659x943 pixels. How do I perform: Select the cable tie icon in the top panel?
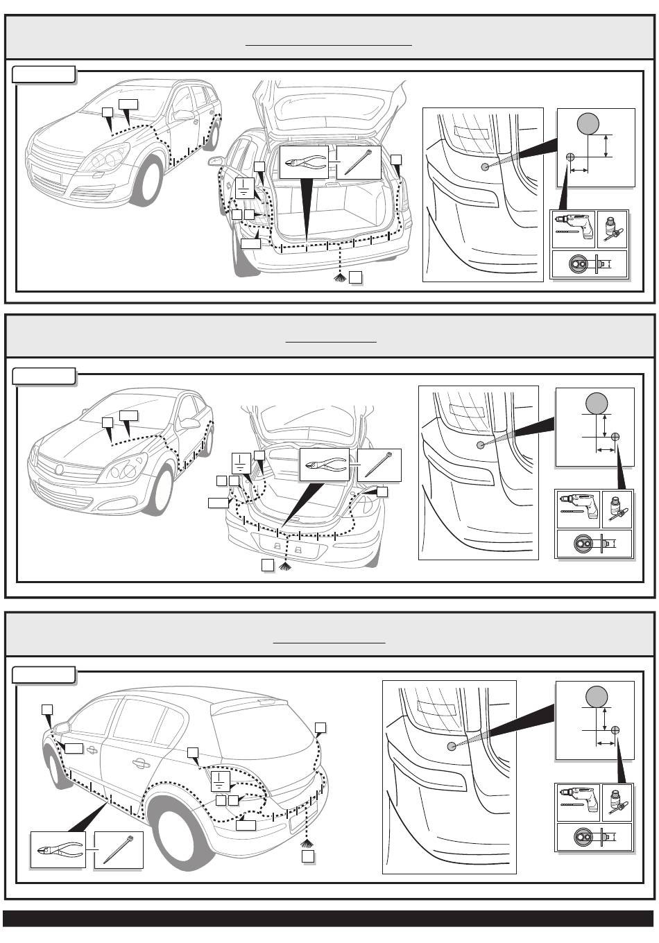[359, 162]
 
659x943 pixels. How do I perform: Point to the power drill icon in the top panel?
[573, 228]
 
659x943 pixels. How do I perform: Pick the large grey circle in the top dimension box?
[588, 125]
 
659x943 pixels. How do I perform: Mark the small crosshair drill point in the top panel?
[570, 157]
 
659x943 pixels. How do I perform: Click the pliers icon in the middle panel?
[324, 465]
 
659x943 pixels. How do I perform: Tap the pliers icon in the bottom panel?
[58, 850]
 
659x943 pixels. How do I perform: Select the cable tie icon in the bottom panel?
[118, 849]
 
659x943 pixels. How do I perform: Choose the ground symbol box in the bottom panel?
[220, 781]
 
